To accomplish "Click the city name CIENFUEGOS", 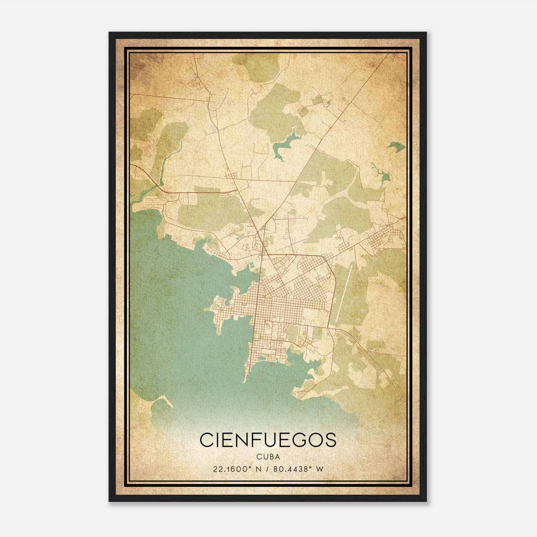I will click(x=267, y=440).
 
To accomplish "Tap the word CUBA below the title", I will click(x=267, y=456).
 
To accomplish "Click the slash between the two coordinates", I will click(x=267, y=469).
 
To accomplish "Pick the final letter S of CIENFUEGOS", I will click(x=330, y=440).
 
